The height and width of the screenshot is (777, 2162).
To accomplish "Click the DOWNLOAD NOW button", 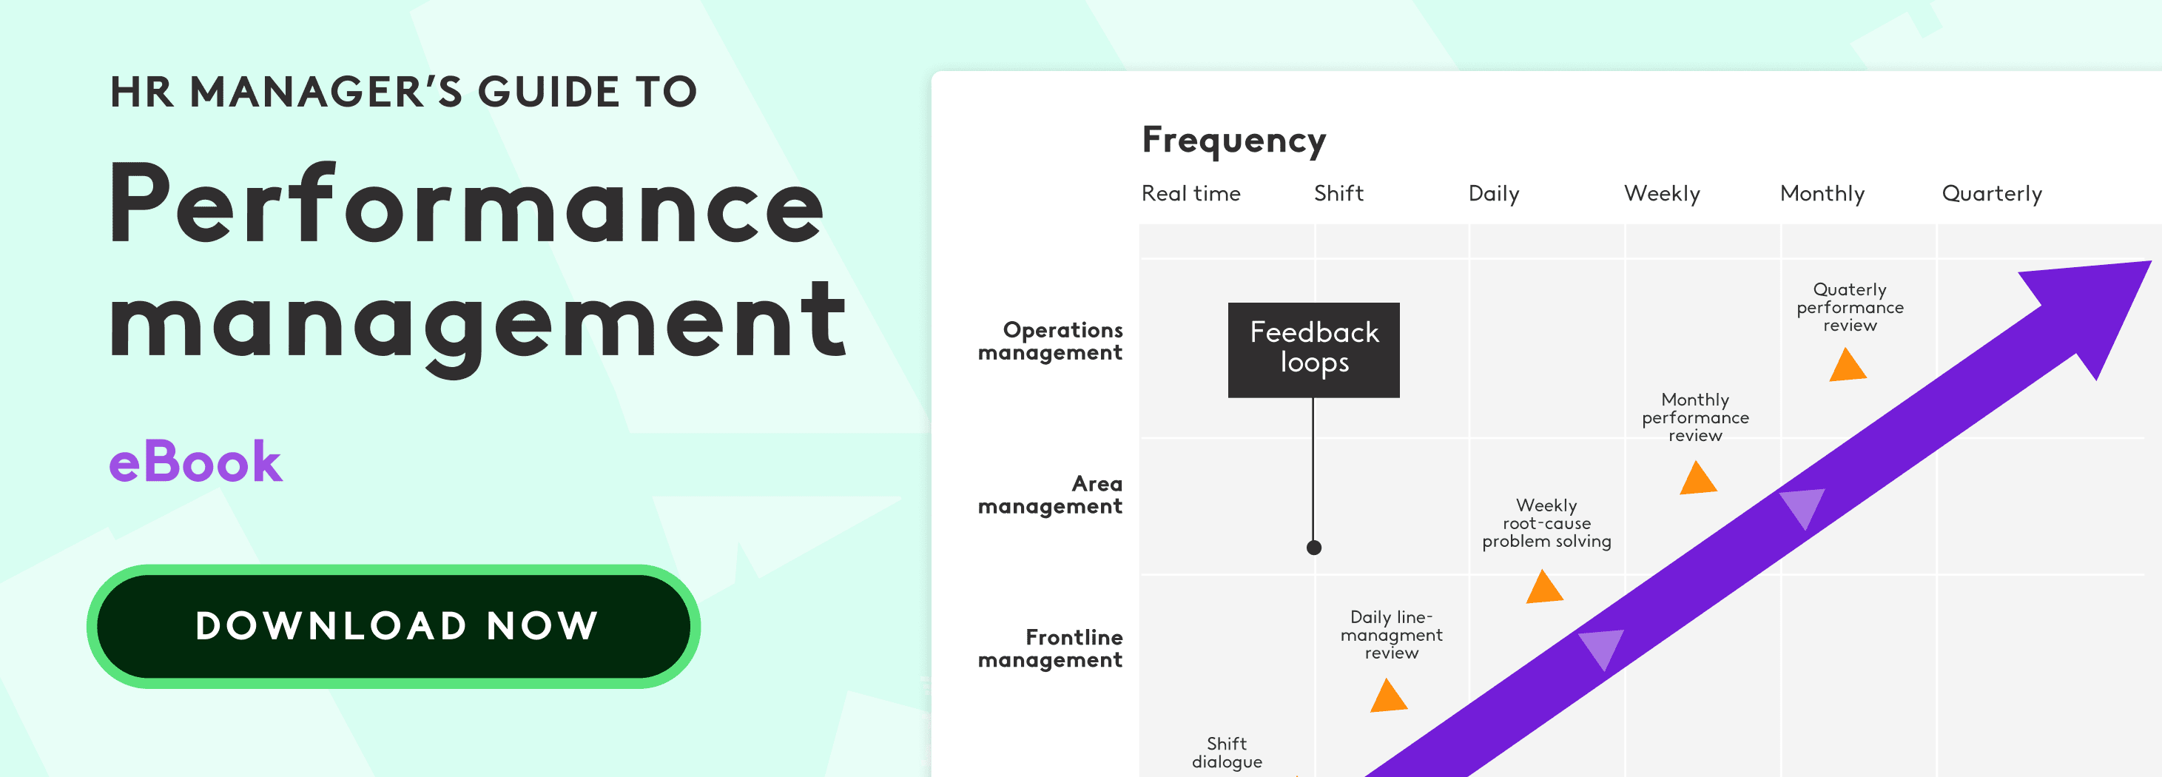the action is pos(394,626).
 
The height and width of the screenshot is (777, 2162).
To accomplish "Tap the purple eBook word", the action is pos(195,462).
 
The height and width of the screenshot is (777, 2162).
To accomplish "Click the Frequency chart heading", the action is pos(1233,141).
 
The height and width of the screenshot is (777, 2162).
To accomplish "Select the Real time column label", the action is pos(1191,194).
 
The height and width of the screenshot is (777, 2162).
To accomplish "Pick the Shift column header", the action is pos(1338,194).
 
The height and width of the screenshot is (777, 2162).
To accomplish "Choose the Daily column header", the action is pos(1494,195).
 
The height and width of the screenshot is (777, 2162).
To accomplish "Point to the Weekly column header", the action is pos(1662,195).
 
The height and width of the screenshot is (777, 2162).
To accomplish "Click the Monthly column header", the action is pos(1822,195).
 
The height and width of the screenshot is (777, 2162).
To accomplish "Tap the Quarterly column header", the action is pos(1992,195).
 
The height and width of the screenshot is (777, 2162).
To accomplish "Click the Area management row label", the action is pos(1050,495).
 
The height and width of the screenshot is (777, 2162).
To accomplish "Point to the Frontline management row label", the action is pos(1050,649).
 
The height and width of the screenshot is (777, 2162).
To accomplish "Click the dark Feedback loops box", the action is pos(1313,350).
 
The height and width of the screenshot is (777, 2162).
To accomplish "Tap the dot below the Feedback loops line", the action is pos(1314,548).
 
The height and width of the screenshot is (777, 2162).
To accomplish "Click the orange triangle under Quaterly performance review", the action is pos(1848,365).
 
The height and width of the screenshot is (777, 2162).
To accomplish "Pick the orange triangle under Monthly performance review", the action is pos(1698,477).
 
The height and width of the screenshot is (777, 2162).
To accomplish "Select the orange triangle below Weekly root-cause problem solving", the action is pos(1544,587).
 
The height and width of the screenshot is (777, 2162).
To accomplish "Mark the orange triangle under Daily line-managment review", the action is pos(1389,696).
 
